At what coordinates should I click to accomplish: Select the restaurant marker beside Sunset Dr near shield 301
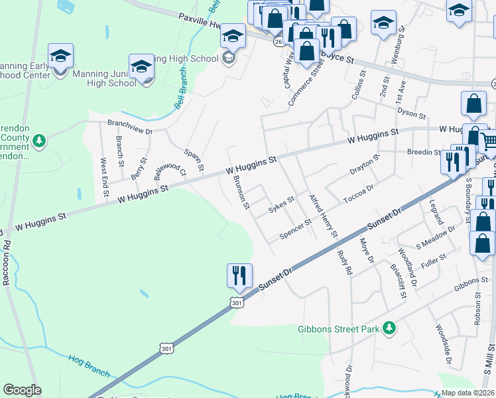coord(239,275)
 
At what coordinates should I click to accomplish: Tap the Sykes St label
coord(280,206)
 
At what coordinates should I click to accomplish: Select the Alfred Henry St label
coord(324,216)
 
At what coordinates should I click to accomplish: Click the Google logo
coord(22,390)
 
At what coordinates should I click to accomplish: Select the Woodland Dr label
coord(410,268)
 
